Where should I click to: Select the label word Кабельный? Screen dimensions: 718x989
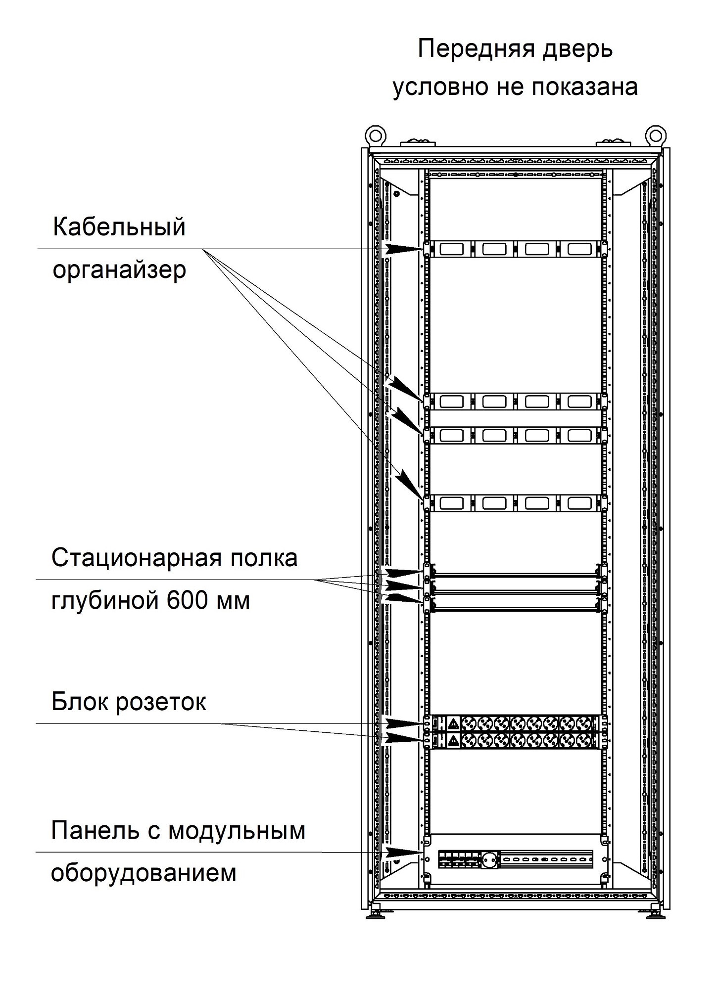[119, 227]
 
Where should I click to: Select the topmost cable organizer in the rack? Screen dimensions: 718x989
[515, 249]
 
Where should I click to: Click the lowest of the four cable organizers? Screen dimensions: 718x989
[515, 503]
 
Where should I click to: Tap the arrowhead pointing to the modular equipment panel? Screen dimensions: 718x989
[403, 852]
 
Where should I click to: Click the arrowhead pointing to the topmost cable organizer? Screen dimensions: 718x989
[404, 249]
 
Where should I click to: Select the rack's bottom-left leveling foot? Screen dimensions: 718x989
[376, 916]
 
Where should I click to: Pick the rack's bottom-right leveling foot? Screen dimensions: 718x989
[655, 916]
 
